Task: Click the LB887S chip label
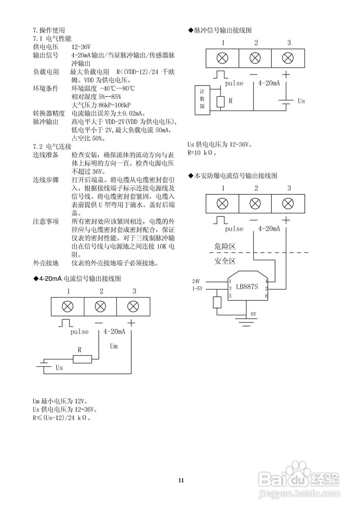click(247, 287)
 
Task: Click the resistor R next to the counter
click(220, 102)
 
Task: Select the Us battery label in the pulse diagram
click(301, 101)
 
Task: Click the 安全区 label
click(225, 261)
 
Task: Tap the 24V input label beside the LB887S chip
click(196, 281)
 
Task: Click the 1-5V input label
click(197, 288)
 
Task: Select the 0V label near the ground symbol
click(253, 314)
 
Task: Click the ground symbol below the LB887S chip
click(246, 322)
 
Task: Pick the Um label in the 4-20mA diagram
click(114, 346)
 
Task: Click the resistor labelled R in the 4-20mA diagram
click(82, 359)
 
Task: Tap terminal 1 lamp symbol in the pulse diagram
click(222, 58)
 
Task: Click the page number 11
click(181, 480)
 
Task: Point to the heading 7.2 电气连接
click(52, 147)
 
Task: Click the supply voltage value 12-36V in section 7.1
click(81, 47)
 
